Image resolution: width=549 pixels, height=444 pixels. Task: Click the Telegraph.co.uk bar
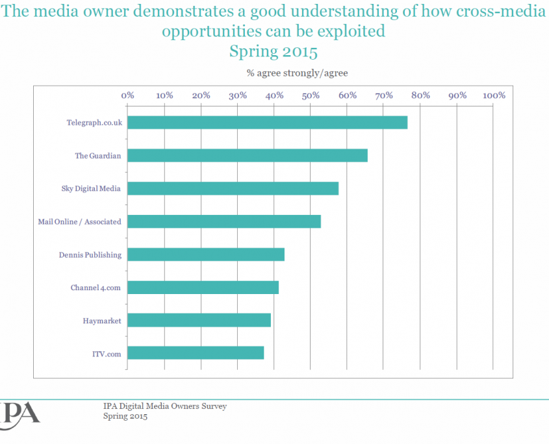[x=268, y=123]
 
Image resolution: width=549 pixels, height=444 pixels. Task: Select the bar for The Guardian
[x=248, y=155]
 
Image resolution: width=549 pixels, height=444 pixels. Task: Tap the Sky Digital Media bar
[x=233, y=189]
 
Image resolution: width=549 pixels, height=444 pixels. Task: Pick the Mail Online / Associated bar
[x=224, y=221]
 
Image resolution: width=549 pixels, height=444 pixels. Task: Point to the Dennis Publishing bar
[x=206, y=254]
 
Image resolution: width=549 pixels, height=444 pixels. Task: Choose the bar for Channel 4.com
[x=203, y=288]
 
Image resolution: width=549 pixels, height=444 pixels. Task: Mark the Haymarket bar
[x=199, y=321]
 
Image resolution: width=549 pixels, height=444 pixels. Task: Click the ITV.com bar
[x=196, y=353]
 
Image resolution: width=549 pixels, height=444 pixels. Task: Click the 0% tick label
[x=128, y=95]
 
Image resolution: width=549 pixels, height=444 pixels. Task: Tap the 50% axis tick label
[x=311, y=95]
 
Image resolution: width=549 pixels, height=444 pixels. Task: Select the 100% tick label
[x=494, y=95]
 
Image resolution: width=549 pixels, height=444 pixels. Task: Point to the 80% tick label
[x=420, y=95]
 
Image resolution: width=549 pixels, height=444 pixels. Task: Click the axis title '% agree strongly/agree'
[x=298, y=73]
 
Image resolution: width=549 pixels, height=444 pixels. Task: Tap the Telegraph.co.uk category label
[x=95, y=123]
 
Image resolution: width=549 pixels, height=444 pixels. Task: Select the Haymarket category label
[x=102, y=321]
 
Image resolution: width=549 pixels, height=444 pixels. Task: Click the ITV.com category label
[x=107, y=354]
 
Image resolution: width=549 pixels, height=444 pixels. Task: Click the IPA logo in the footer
[x=19, y=415]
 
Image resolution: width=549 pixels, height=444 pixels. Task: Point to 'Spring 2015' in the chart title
[x=274, y=51]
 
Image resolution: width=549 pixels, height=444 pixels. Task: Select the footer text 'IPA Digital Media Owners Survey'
[x=165, y=406]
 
